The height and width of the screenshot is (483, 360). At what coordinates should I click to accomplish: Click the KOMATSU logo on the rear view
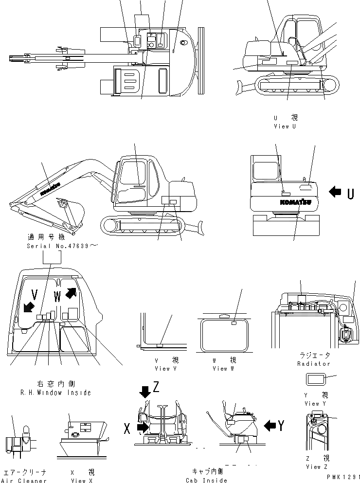pos(295,201)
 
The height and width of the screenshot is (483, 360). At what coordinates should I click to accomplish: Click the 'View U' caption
pos(285,126)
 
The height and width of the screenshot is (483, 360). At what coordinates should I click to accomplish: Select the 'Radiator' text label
pos(313,363)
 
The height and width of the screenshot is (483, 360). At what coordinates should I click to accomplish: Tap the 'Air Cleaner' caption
pos(24,481)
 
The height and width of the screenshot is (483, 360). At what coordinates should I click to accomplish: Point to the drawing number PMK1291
pos(343,478)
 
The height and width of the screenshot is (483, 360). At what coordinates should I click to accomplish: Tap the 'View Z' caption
pos(319,467)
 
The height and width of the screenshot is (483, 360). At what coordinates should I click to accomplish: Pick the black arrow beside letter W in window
pos(71,292)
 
